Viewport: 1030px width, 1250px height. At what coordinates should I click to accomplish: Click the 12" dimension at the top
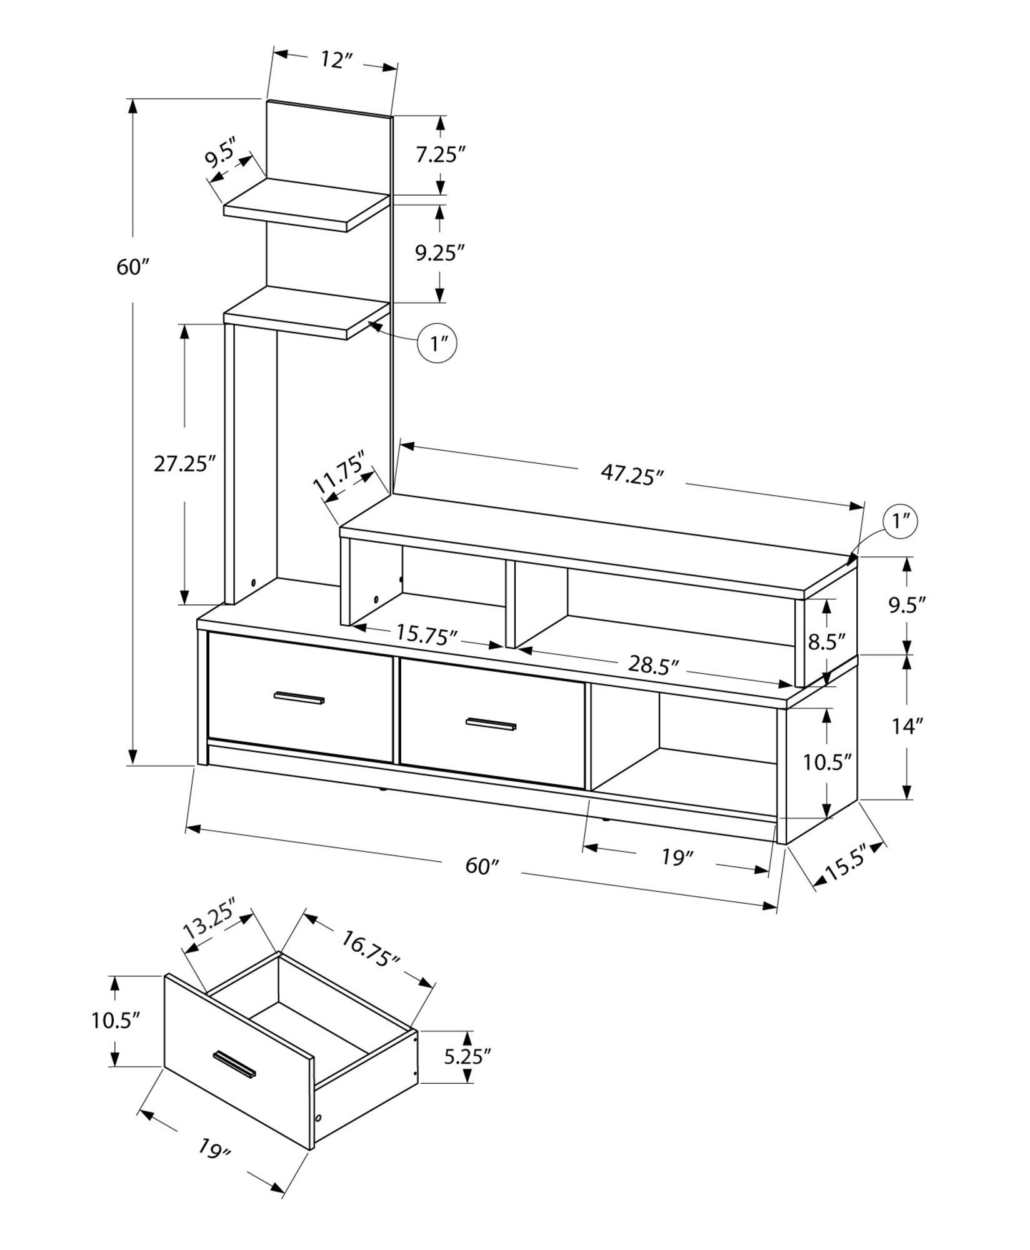pyautogui.click(x=337, y=61)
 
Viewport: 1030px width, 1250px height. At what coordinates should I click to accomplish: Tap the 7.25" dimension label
pyautogui.click(x=441, y=154)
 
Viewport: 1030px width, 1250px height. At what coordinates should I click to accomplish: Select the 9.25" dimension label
pyautogui.click(x=441, y=252)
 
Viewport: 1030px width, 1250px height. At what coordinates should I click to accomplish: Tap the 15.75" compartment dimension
pyautogui.click(x=427, y=636)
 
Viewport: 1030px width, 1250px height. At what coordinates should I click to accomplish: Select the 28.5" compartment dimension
pyautogui.click(x=653, y=666)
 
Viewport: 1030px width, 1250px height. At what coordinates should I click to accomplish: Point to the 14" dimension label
pyautogui.click(x=907, y=726)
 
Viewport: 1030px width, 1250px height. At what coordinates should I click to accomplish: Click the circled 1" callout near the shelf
pyautogui.click(x=437, y=342)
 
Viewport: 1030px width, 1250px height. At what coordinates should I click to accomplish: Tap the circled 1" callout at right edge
pyautogui.click(x=900, y=521)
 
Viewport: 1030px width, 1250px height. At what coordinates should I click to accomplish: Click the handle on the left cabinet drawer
pyautogui.click(x=299, y=698)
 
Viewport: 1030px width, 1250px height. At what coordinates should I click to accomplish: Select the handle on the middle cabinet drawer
pyautogui.click(x=491, y=724)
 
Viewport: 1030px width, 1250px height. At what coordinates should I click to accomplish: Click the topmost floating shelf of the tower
pyautogui.click(x=306, y=204)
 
